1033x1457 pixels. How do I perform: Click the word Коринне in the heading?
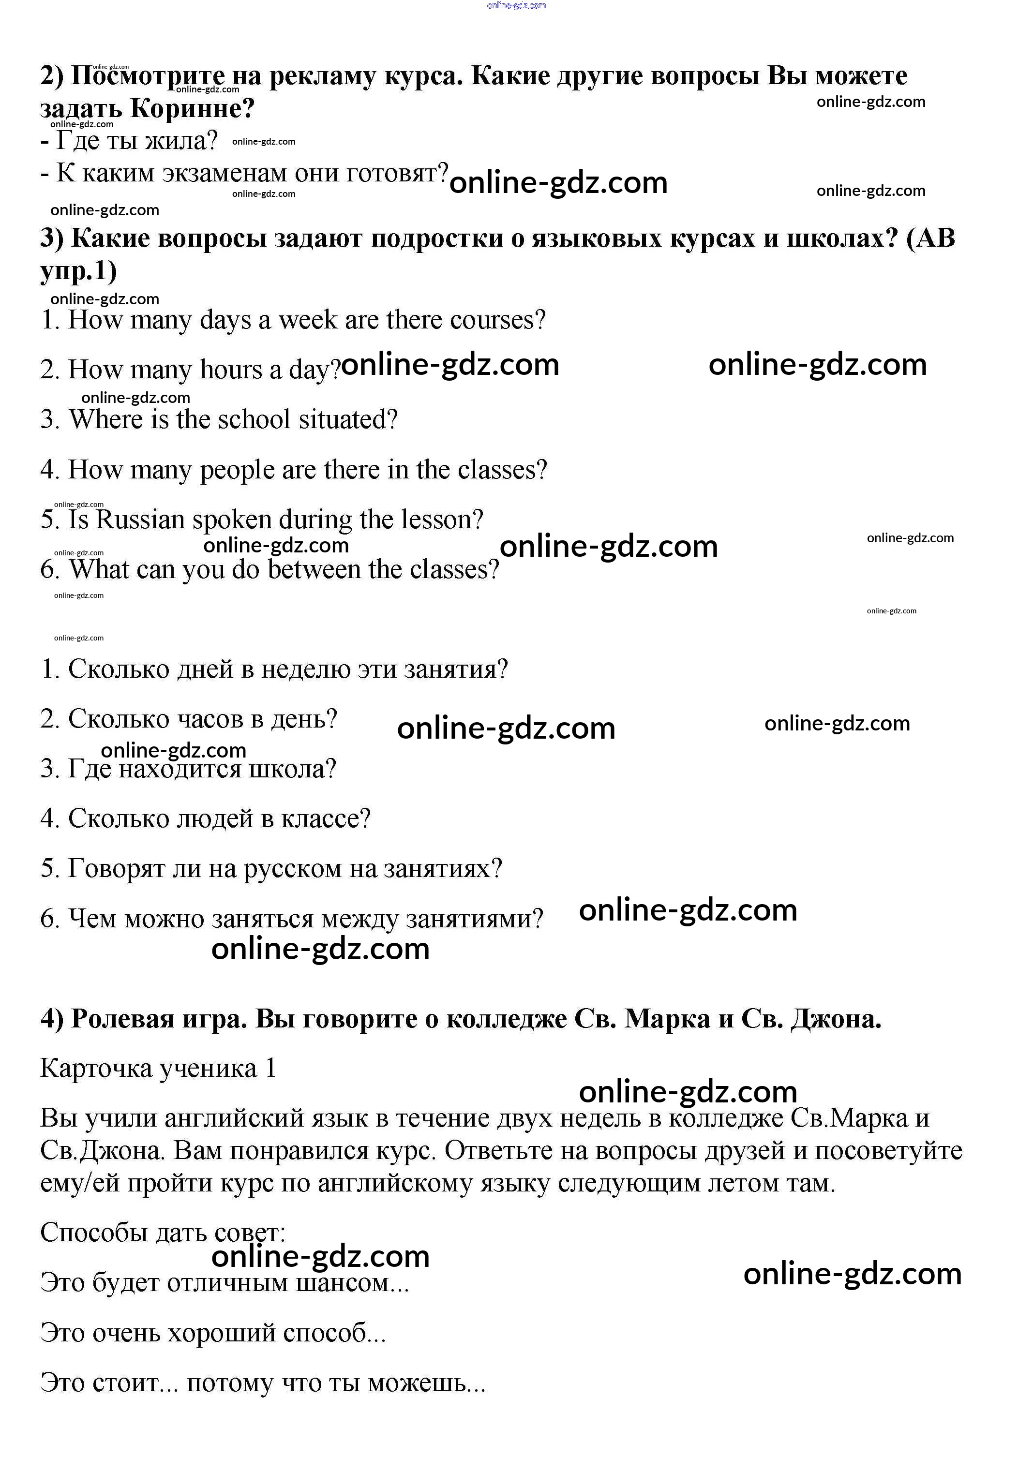tap(192, 109)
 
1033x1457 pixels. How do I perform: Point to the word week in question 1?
tap(308, 319)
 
